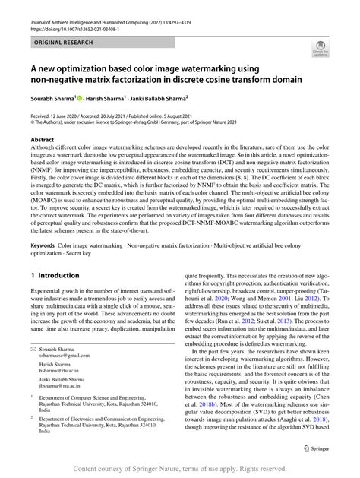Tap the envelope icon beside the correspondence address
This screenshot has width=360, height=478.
click(x=33, y=347)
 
